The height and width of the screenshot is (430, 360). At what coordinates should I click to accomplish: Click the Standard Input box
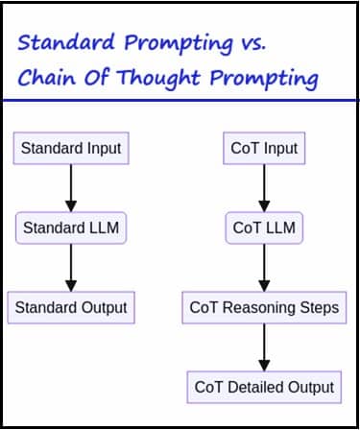[71, 148]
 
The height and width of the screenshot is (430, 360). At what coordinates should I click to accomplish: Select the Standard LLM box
[71, 227]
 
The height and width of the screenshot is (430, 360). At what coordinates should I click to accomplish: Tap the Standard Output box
[71, 307]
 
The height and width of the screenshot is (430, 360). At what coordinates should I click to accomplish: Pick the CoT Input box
[264, 148]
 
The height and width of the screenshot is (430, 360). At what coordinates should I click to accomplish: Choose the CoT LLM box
[264, 227]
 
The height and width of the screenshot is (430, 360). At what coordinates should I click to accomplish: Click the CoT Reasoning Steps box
[264, 307]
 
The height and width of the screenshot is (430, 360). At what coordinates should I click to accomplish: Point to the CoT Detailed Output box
[264, 387]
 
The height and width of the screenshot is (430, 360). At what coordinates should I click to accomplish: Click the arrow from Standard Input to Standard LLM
[71, 188]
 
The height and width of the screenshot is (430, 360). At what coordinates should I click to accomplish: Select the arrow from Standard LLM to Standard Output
[71, 268]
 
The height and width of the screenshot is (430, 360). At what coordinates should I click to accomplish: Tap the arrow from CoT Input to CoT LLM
[264, 188]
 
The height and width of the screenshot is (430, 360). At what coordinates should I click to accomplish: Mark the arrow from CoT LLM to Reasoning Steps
[264, 268]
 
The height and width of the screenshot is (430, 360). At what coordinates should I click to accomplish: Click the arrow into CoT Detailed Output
[264, 347]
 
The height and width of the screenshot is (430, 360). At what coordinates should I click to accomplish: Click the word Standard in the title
[66, 42]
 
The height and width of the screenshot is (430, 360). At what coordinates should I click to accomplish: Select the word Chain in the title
[46, 77]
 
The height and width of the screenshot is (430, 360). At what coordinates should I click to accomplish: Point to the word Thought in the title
[158, 79]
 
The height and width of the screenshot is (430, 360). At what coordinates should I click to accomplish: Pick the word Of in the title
[97, 77]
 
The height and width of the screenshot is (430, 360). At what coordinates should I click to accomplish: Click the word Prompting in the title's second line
[264, 79]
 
